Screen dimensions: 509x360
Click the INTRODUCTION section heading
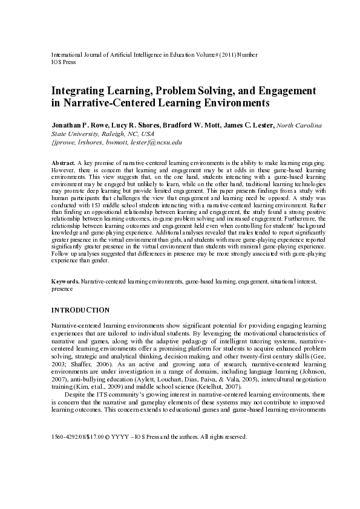pyautogui.click(x=80, y=310)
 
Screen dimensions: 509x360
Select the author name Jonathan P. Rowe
pyautogui.click(x=79, y=125)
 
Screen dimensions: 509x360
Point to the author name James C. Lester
pyautogui.click(x=249, y=125)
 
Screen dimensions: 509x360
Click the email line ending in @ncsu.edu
pyautogui.click(x=117, y=142)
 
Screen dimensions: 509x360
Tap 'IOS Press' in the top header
pyautogui.click(x=62, y=62)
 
